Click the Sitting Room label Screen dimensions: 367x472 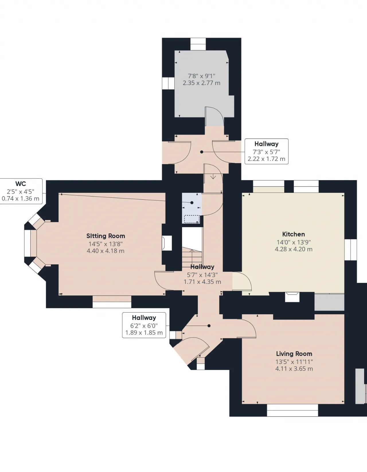tap(106, 236)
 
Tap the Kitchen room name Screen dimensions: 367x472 tap(294, 234)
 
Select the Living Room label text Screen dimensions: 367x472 tap(294, 354)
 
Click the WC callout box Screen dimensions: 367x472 tap(21, 191)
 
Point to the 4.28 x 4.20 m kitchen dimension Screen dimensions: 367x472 tap(294, 249)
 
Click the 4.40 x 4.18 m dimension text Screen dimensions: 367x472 tap(106, 251)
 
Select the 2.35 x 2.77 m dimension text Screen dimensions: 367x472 tap(202, 83)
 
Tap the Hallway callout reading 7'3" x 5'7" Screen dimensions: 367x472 tap(266, 151)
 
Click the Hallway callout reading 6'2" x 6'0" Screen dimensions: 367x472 tap(144, 325)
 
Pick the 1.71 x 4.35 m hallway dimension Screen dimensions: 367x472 tap(202, 282)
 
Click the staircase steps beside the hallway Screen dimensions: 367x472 tap(192, 259)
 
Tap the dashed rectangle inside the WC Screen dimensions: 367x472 tap(192, 219)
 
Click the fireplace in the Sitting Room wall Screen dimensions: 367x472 tap(167, 243)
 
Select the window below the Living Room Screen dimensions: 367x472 tap(292, 410)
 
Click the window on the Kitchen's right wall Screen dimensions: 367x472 tap(351, 250)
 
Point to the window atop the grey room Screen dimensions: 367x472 tap(198, 44)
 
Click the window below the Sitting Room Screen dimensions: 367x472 tap(112, 302)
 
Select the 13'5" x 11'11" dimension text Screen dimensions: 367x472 tap(294, 362)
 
